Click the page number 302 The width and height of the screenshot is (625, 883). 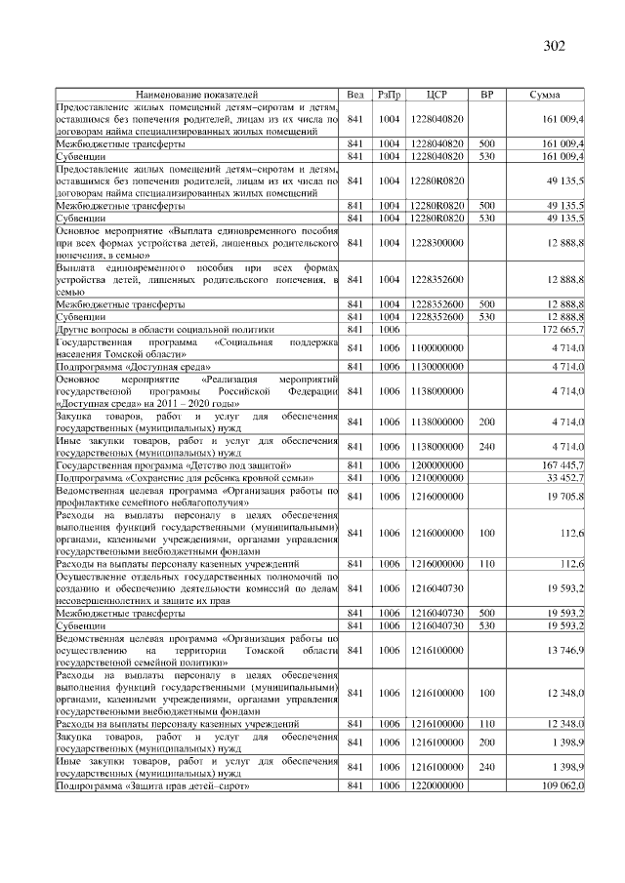(x=554, y=46)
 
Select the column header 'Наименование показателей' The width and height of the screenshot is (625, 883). (x=196, y=95)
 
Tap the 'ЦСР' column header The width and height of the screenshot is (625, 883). (x=437, y=95)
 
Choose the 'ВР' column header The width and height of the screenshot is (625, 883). (x=486, y=95)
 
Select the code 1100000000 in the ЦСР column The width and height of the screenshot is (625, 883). (x=437, y=347)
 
